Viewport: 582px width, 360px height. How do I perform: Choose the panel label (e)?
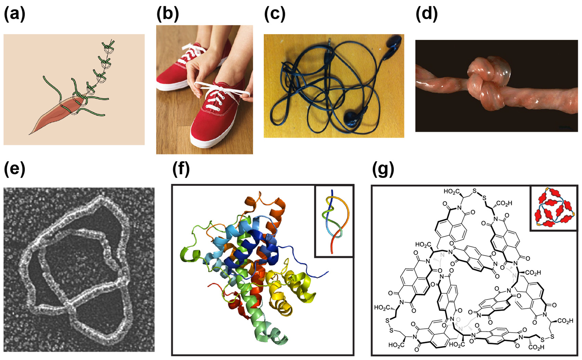14,169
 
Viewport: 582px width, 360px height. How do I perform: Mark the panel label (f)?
181,169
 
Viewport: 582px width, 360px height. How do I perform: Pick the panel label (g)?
383,169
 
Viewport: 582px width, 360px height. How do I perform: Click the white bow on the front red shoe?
219,91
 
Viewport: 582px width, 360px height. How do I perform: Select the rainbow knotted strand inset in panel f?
334,220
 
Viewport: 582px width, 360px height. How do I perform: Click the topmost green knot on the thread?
109,47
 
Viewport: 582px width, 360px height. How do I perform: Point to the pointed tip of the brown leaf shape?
31,133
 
